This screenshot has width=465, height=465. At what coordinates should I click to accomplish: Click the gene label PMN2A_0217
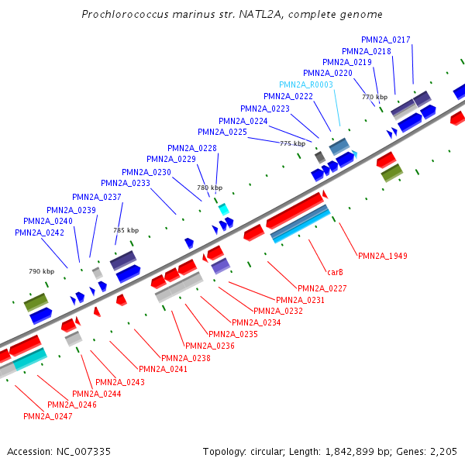386,40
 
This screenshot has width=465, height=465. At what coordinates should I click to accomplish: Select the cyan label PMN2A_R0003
306,84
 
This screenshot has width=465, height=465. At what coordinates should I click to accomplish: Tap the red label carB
335,272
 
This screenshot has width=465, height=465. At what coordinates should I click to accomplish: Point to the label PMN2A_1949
383,256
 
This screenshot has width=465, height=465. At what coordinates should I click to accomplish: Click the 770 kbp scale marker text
374,97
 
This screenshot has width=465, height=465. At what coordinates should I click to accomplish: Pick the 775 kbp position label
292,143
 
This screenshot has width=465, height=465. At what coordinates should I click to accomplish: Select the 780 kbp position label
209,188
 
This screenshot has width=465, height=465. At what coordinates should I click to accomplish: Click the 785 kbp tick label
126,230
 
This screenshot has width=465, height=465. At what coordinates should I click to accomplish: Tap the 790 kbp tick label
42,271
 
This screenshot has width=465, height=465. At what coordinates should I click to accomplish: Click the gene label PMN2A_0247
48,416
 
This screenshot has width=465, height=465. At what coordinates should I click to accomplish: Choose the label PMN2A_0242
40,232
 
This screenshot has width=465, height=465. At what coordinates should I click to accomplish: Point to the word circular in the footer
274,451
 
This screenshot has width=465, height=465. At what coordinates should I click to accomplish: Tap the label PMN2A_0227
322,288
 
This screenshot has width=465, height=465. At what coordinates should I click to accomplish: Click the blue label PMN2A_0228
192,148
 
